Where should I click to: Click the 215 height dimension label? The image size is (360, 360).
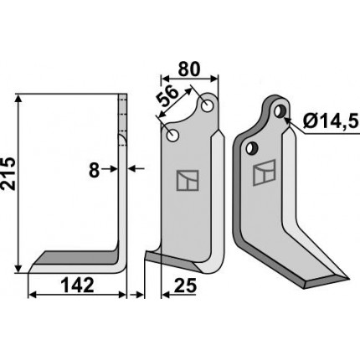pyautogui.click(x=8, y=173)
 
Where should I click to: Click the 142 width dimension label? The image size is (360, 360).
pyautogui.click(x=78, y=285)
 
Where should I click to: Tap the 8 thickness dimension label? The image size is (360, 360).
pyautogui.click(x=95, y=170)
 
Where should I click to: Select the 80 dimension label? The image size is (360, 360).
pyautogui.click(x=189, y=69)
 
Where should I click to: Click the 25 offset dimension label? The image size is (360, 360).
pyautogui.click(x=185, y=285)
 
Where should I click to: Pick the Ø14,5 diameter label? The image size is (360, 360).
pyautogui.click(x=330, y=122)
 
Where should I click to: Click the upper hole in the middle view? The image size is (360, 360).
pyautogui.click(x=207, y=106)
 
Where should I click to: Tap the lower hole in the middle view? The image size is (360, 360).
pyautogui.click(x=172, y=136)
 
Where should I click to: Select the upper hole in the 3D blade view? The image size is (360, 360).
pyautogui.click(x=280, y=111)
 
